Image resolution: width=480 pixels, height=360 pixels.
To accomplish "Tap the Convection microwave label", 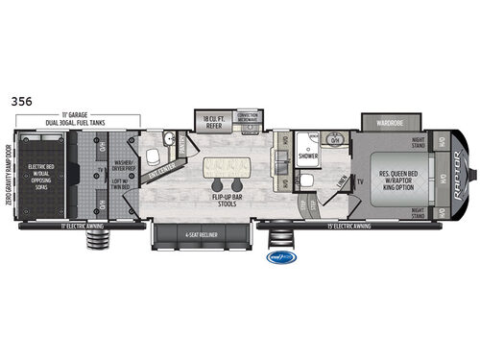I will (248, 116).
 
